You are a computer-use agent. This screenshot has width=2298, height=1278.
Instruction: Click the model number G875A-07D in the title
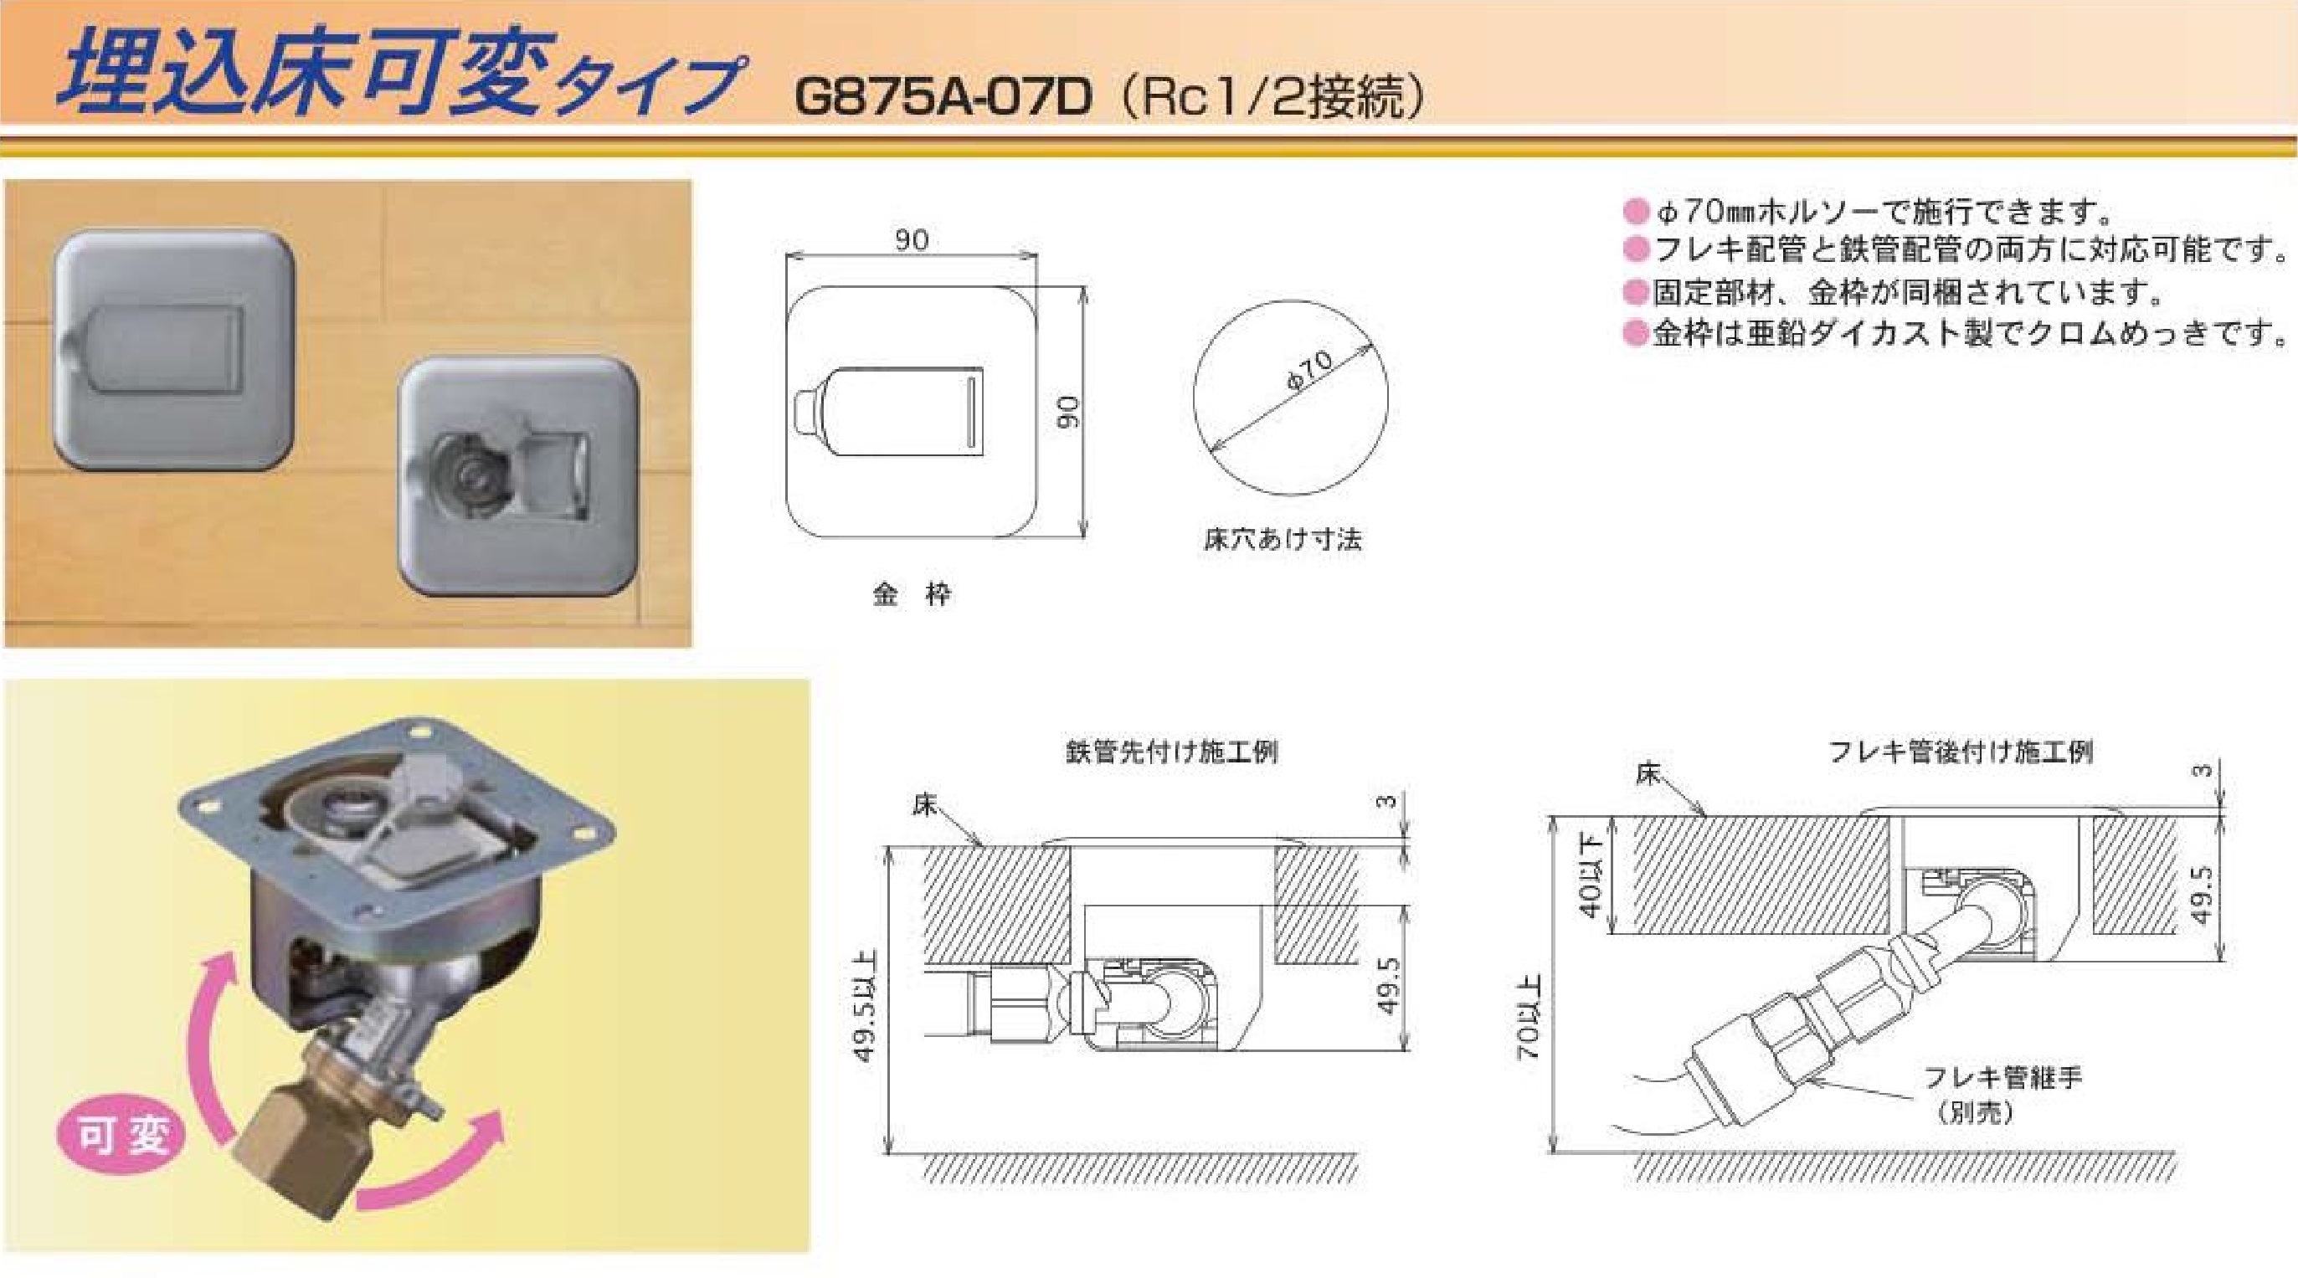click(943, 97)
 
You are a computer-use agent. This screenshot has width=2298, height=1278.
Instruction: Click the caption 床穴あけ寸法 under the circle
click(1283, 539)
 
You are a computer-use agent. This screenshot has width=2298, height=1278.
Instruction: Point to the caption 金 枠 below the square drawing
click(912, 594)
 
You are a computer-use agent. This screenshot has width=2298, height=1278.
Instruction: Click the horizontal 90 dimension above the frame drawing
click(912, 239)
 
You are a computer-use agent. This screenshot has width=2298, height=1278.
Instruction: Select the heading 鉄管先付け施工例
click(1171, 752)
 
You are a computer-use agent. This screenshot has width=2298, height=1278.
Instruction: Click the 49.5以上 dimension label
click(865, 1007)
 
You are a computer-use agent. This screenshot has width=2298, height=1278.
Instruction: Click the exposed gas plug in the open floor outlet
click(471, 477)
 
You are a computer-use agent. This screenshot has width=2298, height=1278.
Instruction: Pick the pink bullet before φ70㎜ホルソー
click(1635, 213)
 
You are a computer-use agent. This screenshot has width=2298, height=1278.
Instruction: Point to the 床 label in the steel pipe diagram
click(924, 805)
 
